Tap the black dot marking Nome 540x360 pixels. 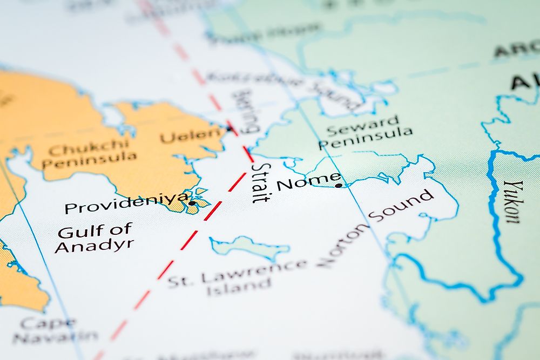pos(339,186)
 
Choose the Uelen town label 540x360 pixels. pos(192,135)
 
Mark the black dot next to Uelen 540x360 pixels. pos(229,128)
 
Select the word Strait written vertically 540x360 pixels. pos(260,182)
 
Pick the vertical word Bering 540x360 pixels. pos(245,112)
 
